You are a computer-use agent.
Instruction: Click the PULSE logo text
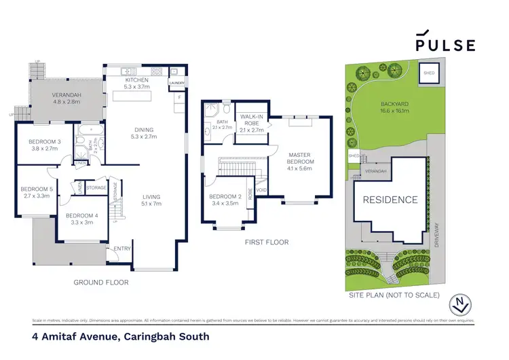(x=445, y=44)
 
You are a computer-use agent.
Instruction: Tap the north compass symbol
(x=461, y=304)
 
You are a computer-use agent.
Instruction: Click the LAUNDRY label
(x=176, y=84)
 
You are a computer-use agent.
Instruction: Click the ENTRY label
(x=122, y=249)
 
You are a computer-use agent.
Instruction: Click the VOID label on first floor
(x=261, y=199)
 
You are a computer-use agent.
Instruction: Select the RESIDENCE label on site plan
(x=390, y=200)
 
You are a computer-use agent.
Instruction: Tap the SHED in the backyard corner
(x=429, y=72)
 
